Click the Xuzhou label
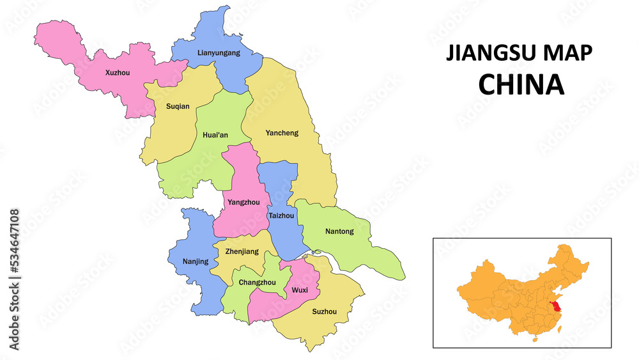118,73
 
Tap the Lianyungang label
219,52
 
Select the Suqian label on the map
177,106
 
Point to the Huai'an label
215,135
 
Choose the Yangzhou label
243,202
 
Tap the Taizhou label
281,215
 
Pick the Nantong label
339,231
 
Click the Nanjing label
196,261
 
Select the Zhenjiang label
242,251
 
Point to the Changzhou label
257,282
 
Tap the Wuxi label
299,290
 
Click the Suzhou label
324,311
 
